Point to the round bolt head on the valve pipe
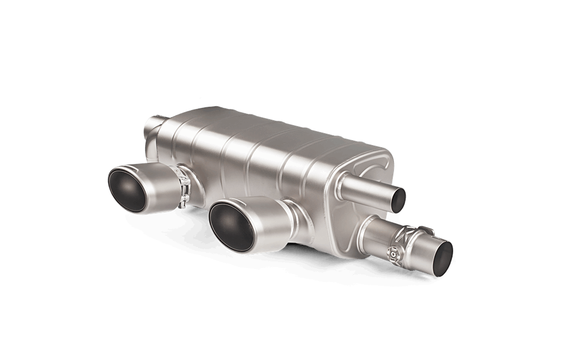(x=393, y=251)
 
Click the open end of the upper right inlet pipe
(x=402, y=198)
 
